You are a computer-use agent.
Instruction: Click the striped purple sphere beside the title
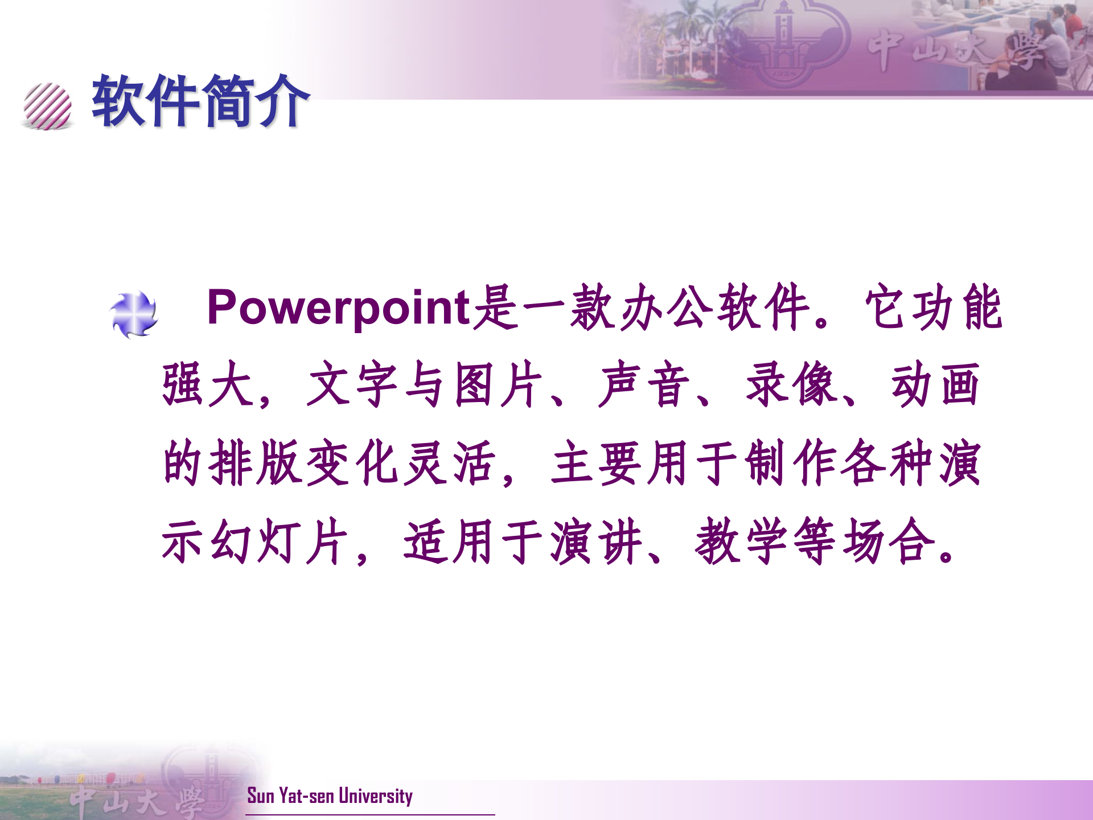(48, 106)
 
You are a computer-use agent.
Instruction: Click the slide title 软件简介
(200, 101)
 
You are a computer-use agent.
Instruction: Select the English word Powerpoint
(339, 307)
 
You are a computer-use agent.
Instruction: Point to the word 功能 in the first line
(934, 307)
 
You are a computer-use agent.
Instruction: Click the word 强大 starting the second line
(208, 385)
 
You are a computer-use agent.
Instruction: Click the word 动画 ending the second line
(935, 385)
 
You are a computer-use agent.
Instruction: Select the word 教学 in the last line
(743, 541)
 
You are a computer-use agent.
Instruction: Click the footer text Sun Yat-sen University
(330, 796)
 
